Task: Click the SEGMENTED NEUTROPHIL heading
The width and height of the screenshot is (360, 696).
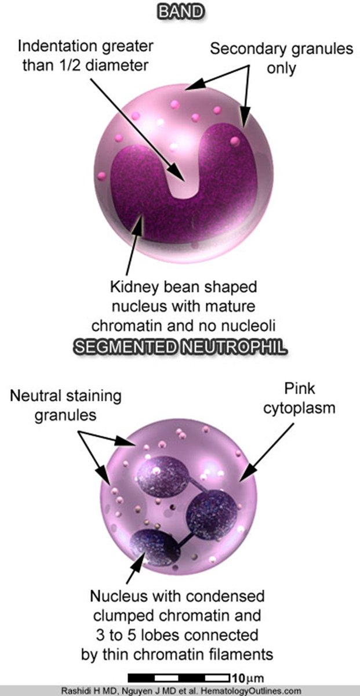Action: point(180,348)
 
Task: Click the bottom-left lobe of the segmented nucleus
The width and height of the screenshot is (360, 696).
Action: point(155,548)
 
